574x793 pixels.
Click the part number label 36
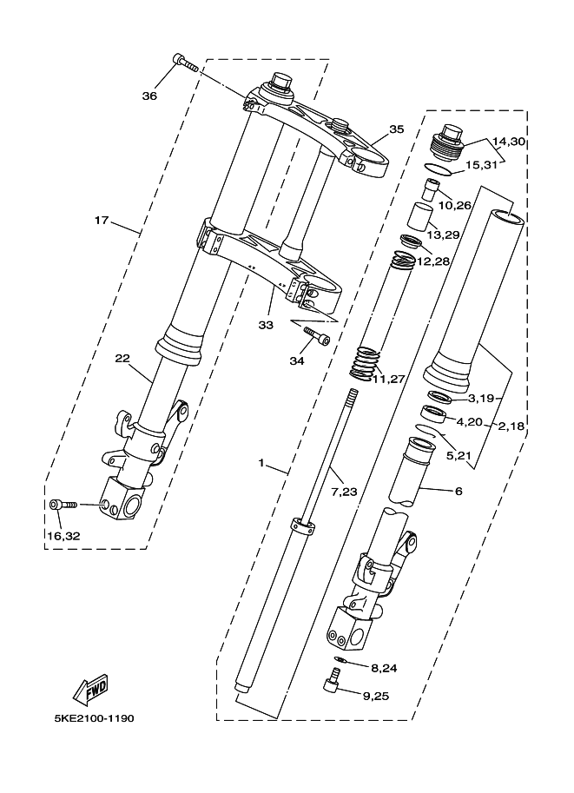point(149,96)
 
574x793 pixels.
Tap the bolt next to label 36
point(185,63)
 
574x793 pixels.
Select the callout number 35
point(397,129)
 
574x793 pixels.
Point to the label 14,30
point(509,142)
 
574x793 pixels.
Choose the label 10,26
point(455,206)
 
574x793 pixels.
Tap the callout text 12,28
point(433,262)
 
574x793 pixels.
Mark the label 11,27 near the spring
point(389,379)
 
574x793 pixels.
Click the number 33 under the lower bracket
point(266,325)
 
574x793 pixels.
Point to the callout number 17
point(102,220)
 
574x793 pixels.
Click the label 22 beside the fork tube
point(122,359)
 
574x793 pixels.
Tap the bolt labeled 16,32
point(63,505)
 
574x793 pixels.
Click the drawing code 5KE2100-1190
point(94,718)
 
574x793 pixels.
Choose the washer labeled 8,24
point(341,659)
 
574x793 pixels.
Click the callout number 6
point(459,491)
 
